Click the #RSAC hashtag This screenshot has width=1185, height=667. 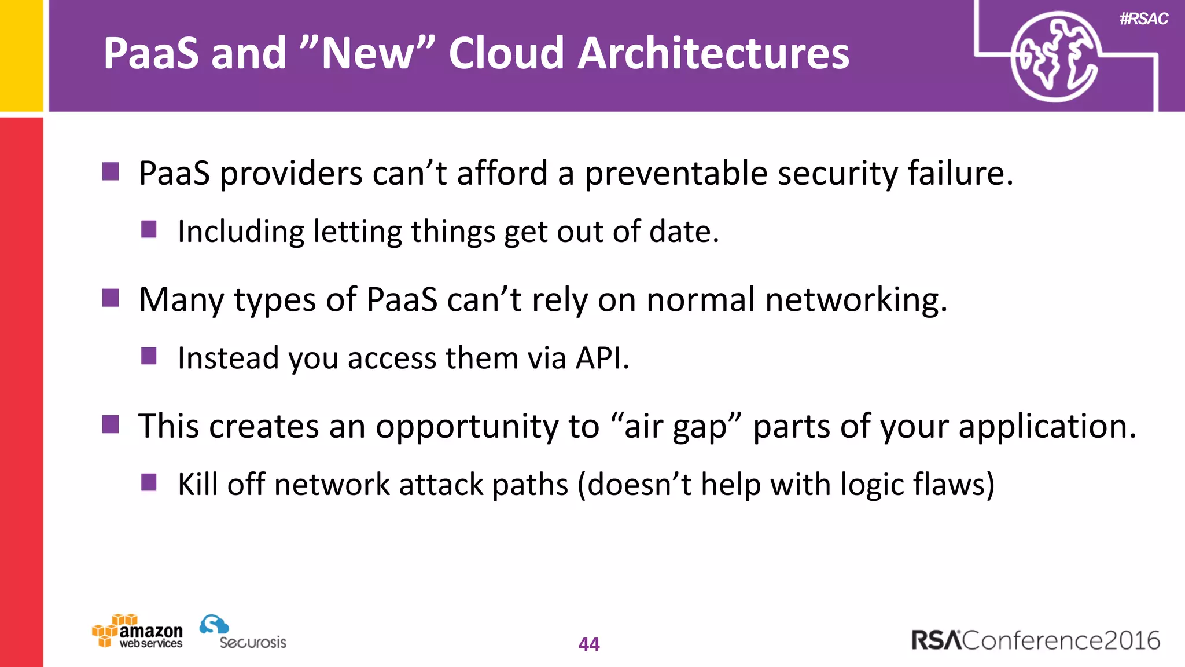point(1143,19)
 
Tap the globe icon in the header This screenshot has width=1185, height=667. point(1054,57)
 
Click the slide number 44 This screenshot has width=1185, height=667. point(589,644)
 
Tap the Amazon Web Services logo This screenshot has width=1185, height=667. point(138,632)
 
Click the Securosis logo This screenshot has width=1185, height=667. point(243,632)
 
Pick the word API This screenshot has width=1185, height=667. point(602,358)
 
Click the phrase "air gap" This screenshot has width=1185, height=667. point(676,427)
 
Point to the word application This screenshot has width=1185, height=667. point(1047,427)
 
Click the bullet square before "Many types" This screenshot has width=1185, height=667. point(111,298)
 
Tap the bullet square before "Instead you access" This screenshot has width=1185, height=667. point(149,356)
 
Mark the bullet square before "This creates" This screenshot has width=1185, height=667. point(111,424)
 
